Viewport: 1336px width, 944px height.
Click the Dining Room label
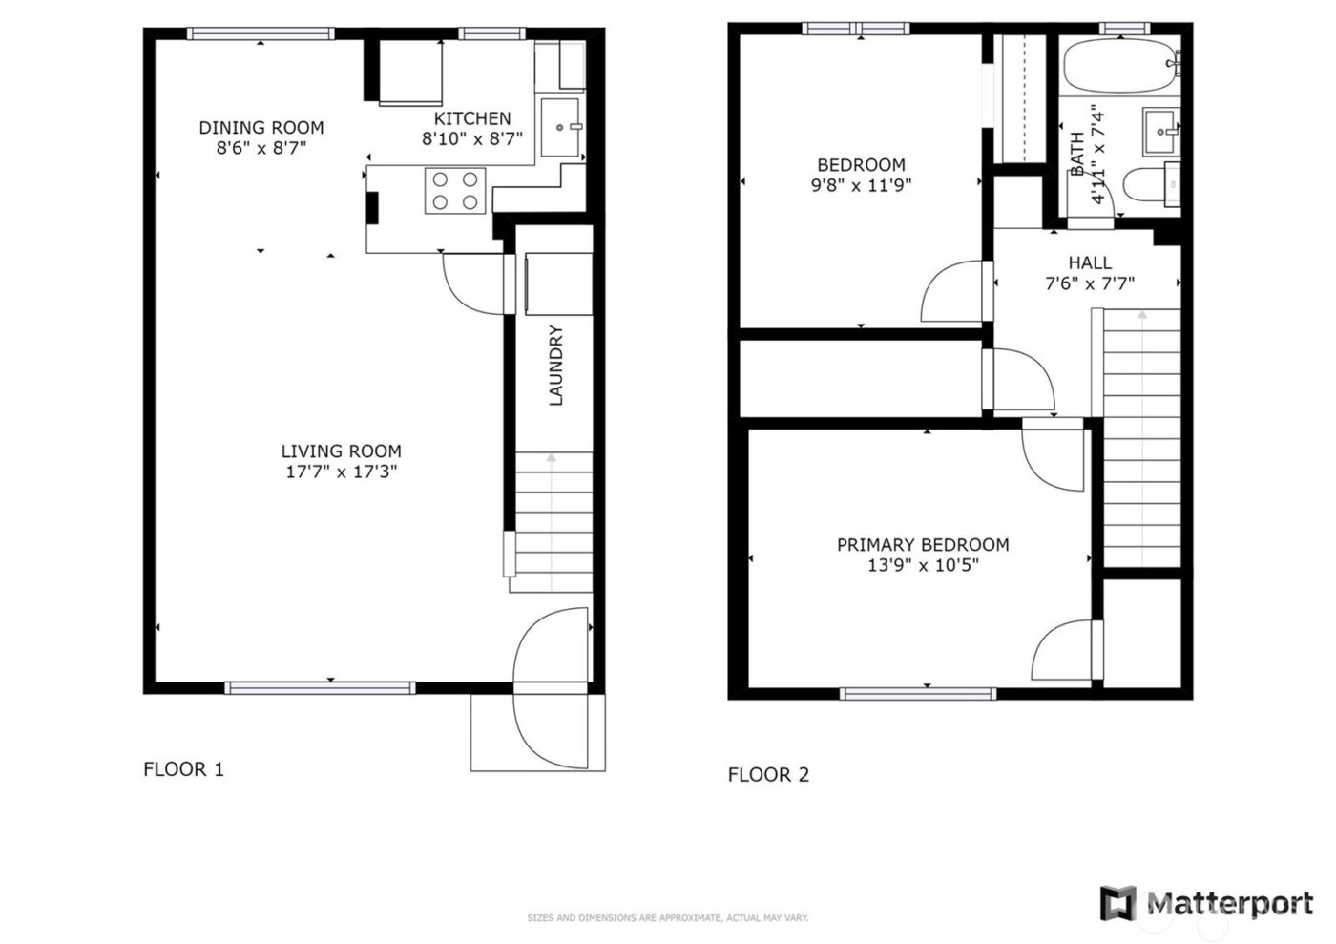point(261,127)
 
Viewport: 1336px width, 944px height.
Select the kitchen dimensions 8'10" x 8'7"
point(472,139)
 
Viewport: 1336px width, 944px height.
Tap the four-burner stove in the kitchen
point(455,190)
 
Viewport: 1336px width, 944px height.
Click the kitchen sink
point(561,126)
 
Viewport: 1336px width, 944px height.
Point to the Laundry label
point(555,366)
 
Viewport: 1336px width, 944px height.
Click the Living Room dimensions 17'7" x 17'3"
point(341,472)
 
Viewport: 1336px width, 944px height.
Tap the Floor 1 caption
point(183,769)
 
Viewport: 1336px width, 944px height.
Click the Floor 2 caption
point(768,775)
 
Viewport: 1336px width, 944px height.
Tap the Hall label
point(1089,262)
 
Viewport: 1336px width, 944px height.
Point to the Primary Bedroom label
point(923,545)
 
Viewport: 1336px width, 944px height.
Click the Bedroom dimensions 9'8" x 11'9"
point(861,185)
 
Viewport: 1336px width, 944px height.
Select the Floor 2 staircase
point(1141,439)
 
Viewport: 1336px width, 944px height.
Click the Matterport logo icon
point(1117,902)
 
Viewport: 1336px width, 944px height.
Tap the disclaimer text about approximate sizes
point(668,918)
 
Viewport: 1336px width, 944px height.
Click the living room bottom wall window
point(321,687)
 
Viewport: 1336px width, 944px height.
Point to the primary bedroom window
point(918,693)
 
